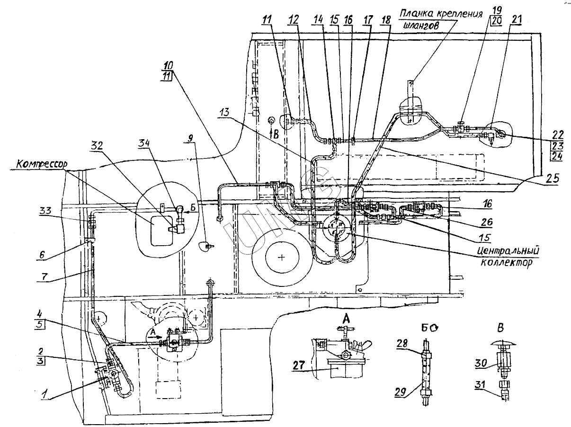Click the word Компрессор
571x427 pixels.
coord(42,164)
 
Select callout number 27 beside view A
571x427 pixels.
coord(298,365)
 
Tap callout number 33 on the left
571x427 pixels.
coord(45,211)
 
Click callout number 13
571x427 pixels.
coord(224,112)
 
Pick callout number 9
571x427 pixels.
coord(191,138)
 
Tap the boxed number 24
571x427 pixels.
coord(556,157)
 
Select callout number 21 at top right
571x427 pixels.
coord(516,19)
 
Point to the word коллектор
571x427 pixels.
coord(506,263)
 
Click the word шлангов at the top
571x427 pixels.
coord(421,26)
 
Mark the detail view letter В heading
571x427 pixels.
coord(500,329)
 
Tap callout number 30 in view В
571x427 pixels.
coord(481,363)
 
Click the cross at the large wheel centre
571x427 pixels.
coord(281,258)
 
